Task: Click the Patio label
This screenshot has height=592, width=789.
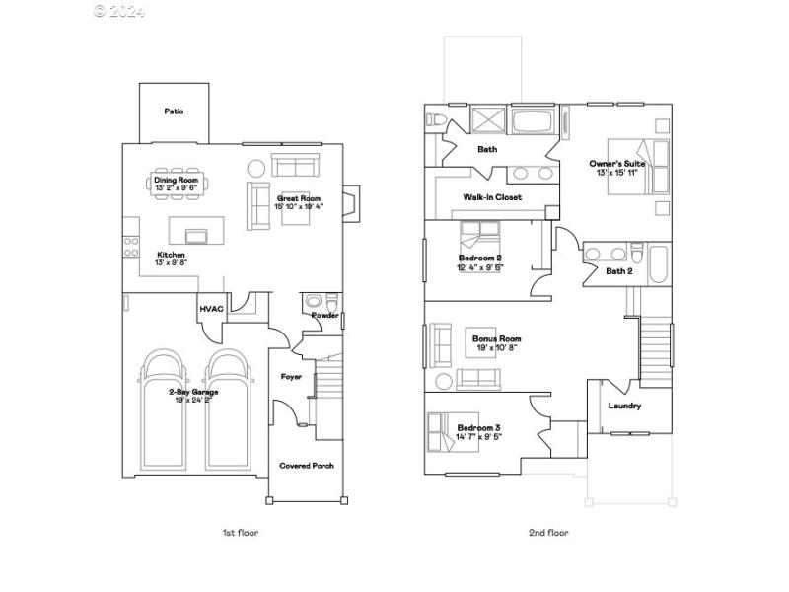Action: pos(174,111)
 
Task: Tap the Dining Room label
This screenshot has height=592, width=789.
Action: pos(176,181)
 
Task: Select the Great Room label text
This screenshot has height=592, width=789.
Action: pos(299,197)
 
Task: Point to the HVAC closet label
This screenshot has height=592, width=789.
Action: pos(212,309)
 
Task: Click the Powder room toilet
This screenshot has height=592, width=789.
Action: pos(315,301)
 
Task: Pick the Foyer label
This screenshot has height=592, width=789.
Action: pos(292,376)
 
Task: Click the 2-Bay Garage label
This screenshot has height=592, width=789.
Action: pos(192,392)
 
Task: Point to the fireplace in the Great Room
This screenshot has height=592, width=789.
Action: pos(352,201)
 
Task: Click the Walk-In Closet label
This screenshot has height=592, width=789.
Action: pos(492,197)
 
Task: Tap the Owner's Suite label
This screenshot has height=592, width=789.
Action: pos(616,163)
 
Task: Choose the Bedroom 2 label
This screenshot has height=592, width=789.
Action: pos(479,258)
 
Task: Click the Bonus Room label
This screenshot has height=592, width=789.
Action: pos(496,338)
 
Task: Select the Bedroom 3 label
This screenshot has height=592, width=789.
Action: pos(479,427)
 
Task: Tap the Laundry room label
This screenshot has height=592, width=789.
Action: pos(624,406)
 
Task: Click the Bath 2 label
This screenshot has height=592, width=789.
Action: pos(618,271)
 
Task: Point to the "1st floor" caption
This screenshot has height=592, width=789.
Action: pos(240,533)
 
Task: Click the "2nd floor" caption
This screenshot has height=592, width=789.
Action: pos(548,533)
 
